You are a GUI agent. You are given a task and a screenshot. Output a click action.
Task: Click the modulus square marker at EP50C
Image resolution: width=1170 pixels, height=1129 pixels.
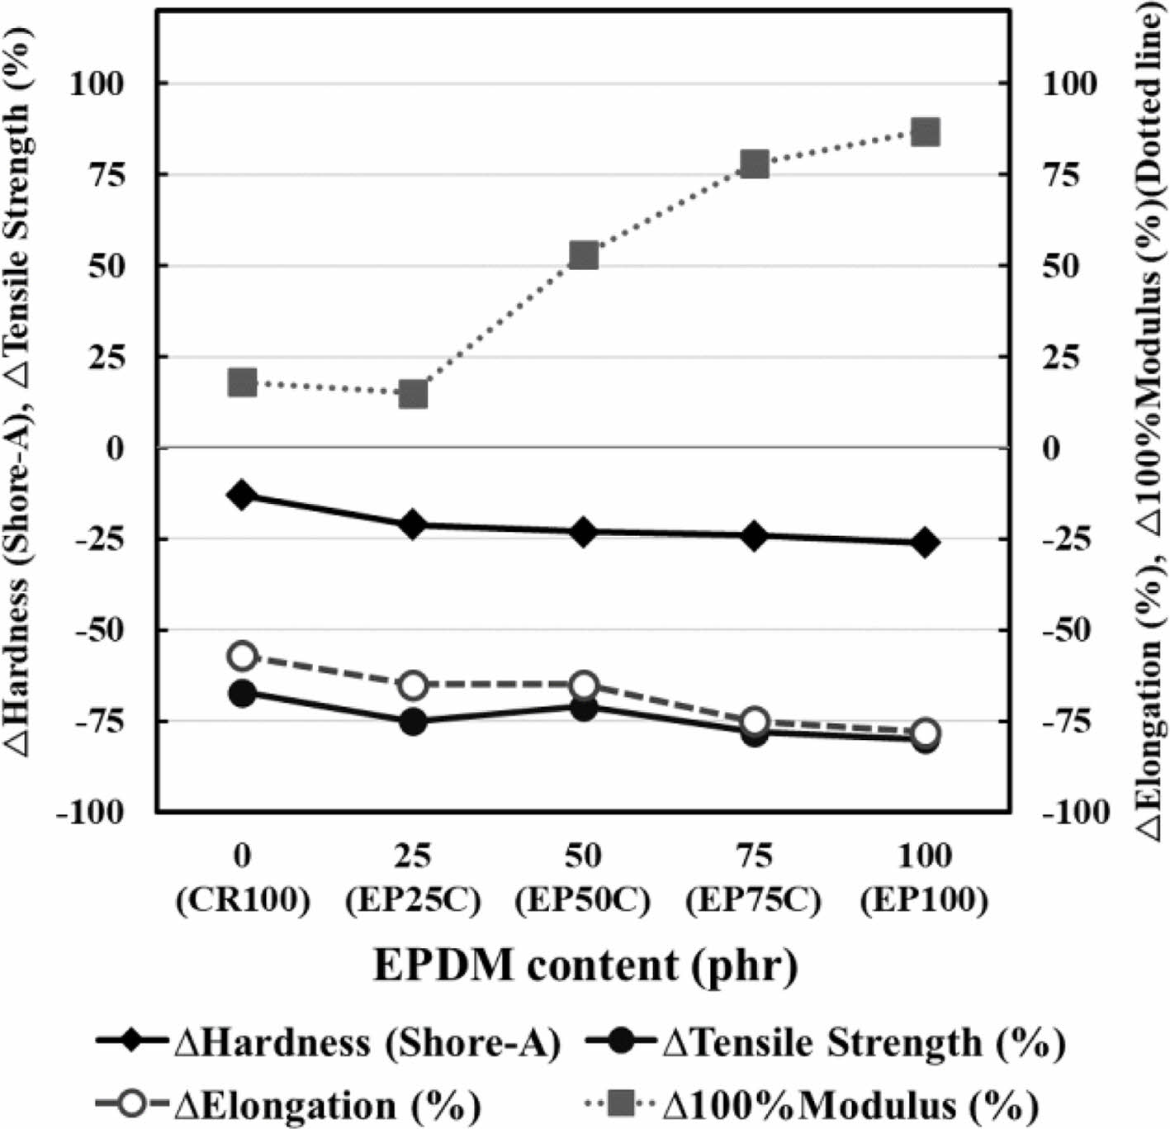pos(584,255)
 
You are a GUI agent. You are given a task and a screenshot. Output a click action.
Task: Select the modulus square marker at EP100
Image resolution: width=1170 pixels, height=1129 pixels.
pos(926,131)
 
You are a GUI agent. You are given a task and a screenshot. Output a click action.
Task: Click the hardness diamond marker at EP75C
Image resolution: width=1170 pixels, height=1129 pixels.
pos(755,535)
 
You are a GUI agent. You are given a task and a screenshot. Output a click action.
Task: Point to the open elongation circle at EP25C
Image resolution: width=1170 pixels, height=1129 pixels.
pos(414,685)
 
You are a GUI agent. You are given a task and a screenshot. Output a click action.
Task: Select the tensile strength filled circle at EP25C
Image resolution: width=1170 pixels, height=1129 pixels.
pos(414,722)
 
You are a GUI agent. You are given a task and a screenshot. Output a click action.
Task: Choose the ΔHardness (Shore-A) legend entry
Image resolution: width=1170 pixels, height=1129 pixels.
pos(330,1044)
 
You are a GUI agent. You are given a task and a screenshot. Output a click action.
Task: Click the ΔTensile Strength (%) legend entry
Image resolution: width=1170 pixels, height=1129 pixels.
pos(826,1044)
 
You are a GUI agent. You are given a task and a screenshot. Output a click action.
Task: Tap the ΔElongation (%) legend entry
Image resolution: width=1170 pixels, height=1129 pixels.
pos(289,1104)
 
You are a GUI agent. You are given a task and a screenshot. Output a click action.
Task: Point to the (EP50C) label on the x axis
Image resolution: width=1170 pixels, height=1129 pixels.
pos(583,900)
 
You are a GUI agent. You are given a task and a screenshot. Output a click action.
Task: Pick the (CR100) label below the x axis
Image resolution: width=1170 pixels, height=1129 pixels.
pos(243,900)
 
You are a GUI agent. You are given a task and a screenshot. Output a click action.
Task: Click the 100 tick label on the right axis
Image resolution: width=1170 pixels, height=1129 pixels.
pos(1070,83)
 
